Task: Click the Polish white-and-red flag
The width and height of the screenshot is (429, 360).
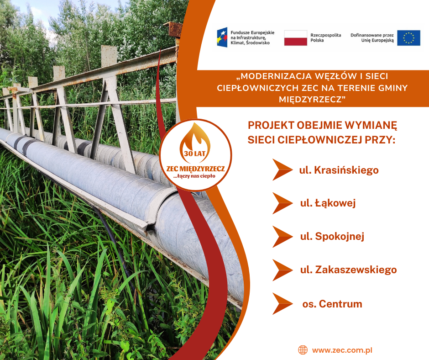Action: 295,38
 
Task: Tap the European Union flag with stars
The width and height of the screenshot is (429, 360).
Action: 408,38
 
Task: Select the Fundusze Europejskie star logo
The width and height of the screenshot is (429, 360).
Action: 222,37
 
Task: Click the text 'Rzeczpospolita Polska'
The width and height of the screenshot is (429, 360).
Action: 325,37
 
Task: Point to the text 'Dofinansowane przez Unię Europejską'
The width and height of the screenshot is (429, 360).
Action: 372,37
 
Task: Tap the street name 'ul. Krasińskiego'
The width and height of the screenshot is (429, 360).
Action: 339,170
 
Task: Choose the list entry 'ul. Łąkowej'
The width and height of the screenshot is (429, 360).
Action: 328,203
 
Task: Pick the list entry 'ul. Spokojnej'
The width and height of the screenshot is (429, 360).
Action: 332,236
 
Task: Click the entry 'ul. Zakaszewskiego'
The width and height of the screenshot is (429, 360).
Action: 348,270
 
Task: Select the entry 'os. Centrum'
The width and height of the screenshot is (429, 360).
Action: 332,304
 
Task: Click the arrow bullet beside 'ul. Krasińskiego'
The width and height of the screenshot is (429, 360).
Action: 283,169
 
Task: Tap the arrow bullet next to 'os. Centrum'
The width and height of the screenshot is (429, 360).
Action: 283,303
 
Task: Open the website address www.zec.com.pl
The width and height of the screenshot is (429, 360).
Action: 342,350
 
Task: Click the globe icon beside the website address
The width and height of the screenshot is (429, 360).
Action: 303,350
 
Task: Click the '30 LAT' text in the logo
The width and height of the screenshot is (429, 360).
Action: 194,154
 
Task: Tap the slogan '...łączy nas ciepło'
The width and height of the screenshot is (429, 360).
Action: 194,176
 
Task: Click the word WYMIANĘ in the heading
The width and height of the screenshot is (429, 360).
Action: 371,125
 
